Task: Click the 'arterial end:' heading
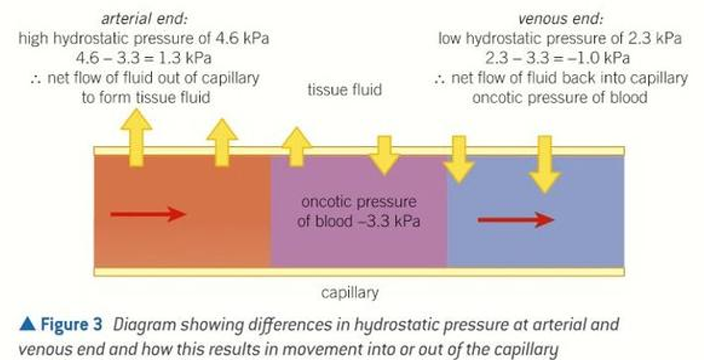pos(145,19)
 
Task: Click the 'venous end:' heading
pos(561,19)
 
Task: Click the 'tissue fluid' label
pos(344,89)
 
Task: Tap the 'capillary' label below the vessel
pos(350,293)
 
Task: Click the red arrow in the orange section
pos(148,214)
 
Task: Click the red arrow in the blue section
pos(516,220)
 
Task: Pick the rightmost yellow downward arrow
pos(545,163)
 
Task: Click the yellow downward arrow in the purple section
pos(384,155)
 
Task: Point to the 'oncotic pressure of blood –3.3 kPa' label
pos(358,212)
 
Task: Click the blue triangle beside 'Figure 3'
pos(28,325)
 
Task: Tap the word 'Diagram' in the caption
pos(144,325)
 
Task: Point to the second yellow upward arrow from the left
pos(222,141)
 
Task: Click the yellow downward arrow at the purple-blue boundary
pos(459,159)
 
